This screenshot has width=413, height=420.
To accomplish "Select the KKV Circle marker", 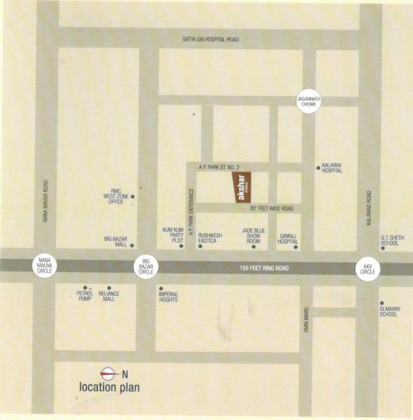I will pos(367,268).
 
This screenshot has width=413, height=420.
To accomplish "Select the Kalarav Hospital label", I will pos(332,169).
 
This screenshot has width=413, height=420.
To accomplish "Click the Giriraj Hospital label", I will pos(288,238).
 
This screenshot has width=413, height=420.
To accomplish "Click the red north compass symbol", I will pos(108,373).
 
